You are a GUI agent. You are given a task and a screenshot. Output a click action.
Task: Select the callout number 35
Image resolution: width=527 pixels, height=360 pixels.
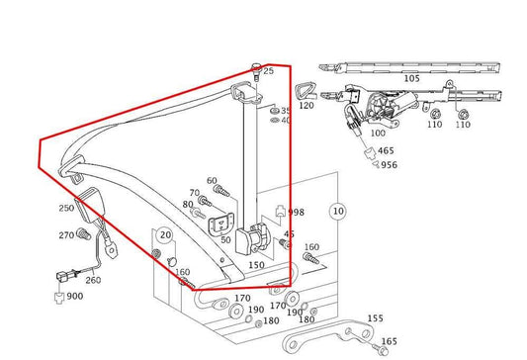point(286,111)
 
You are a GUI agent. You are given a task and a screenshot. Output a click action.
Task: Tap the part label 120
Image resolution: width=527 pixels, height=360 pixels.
point(306,105)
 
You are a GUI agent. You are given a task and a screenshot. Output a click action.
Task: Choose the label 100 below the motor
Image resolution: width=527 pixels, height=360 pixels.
point(377,132)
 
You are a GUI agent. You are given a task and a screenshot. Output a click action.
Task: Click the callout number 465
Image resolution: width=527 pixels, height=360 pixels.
point(386,151)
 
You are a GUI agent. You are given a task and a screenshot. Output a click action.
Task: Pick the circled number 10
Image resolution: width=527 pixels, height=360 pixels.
point(338,211)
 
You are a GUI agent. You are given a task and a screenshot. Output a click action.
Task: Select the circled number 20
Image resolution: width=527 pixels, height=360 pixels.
point(166,235)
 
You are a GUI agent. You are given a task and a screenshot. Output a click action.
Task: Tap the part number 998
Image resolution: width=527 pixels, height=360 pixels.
point(296,213)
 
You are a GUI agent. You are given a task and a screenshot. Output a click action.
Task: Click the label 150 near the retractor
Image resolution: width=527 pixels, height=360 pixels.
point(255,265)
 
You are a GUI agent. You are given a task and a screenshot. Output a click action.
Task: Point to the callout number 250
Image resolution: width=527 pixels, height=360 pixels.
point(66,208)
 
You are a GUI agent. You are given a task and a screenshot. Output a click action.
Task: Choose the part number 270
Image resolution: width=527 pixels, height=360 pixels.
point(66,234)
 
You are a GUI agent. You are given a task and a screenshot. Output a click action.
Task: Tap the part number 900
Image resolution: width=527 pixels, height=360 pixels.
point(75,297)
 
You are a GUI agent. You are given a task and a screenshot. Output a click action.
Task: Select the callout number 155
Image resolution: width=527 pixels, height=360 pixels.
point(376,318)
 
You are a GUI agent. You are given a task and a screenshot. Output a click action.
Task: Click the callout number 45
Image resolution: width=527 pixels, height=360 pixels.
point(289,234)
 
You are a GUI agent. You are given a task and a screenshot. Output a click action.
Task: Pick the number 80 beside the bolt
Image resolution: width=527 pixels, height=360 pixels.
point(188,205)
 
